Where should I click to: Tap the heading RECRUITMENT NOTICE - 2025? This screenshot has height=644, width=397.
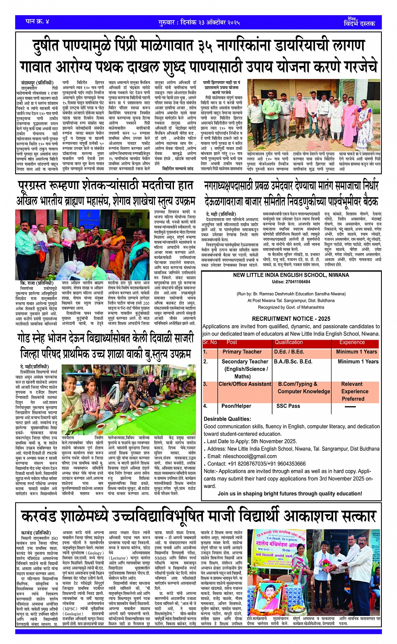[291, 319]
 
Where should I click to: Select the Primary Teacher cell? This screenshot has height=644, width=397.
[242, 352]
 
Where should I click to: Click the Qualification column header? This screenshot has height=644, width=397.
[289, 342]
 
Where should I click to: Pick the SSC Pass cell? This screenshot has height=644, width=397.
[288, 406]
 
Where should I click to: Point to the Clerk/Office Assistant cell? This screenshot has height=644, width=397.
[245, 384]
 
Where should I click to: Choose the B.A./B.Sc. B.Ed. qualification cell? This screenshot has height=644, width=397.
[293, 361]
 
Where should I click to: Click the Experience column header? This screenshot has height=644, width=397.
[352, 342]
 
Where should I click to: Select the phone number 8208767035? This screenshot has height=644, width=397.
[253, 464]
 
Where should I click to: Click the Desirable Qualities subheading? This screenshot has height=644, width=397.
[227, 419]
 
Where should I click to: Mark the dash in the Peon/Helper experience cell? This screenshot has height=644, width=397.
[350, 407]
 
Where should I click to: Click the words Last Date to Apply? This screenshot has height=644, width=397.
[231, 441]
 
